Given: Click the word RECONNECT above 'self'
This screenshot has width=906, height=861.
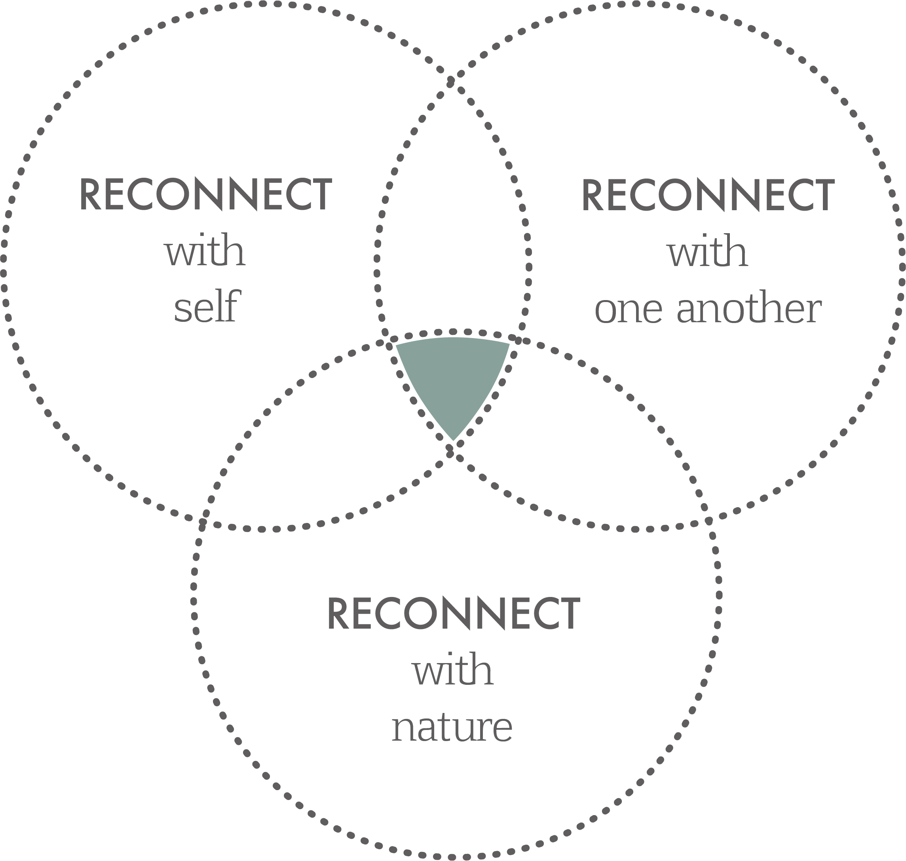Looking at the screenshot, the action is click(205, 195).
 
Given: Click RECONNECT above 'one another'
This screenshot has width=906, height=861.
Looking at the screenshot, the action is click(708, 196).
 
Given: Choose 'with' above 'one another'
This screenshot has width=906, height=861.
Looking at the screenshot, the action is click(707, 252).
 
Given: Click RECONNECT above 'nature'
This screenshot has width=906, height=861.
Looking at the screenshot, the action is click(454, 613).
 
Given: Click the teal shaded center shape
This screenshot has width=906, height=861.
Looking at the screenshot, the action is click(452, 376).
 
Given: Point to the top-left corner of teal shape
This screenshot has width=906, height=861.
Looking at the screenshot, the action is click(397, 344).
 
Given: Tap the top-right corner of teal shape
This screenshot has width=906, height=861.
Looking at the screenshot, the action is click(509, 343).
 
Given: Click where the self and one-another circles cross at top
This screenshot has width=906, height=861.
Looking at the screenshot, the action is click(451, 82).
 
